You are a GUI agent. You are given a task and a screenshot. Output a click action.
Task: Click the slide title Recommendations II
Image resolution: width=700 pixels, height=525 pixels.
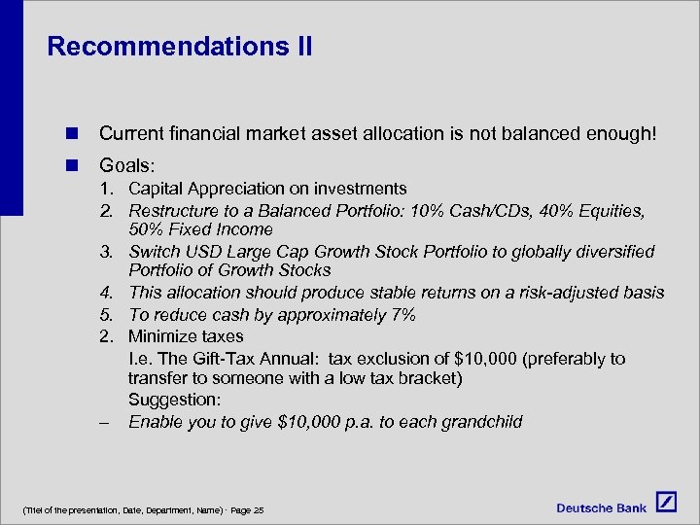coord(180,47)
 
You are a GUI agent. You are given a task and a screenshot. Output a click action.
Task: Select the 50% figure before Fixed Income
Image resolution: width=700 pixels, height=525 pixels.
coord(146,229)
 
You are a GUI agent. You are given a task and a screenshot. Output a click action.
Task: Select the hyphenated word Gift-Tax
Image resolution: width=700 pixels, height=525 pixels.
coord(223,359)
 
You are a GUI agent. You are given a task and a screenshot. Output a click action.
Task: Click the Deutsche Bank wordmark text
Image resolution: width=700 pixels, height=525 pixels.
coord(602,507)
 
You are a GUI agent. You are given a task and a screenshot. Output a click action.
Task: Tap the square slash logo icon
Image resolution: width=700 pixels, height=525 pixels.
coord(666,502)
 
